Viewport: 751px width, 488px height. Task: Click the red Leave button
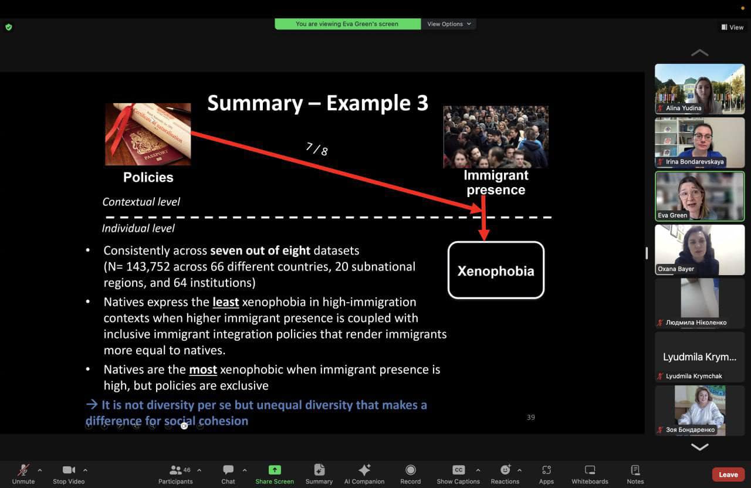[728, 475]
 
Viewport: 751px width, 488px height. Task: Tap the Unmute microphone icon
[23, 470]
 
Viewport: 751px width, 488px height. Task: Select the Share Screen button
[275, 470]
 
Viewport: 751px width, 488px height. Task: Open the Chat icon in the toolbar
[228, 469]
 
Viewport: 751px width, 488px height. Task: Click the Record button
[410, 470]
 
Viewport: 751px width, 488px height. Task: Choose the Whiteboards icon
[590, 470]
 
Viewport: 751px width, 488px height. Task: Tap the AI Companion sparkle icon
[364, 470]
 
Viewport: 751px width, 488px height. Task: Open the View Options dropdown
[449, 24]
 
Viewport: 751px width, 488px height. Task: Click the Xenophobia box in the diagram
[496, 270]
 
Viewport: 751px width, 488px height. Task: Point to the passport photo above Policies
[148, 134]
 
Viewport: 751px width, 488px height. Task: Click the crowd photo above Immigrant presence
[496, 137]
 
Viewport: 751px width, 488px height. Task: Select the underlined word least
[226, 302]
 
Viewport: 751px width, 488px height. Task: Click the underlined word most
[203, 370]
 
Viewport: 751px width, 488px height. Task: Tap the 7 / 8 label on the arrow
[317, 149]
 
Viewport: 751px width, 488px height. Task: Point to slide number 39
[531, 417]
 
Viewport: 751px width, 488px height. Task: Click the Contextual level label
[141, 202]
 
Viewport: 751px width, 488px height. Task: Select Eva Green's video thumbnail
[700, 196]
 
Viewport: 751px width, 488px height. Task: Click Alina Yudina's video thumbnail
[700, 89]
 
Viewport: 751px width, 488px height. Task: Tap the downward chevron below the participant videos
[700, 447]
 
